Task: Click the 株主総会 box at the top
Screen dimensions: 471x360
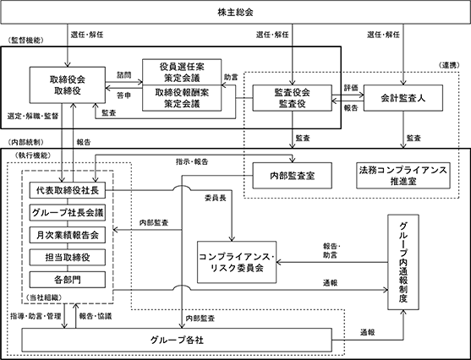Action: [235, 12]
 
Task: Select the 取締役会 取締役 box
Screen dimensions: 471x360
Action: [68, 85]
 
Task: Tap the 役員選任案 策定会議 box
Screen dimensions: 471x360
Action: [182, 72]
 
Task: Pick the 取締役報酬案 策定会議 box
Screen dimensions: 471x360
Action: [182, 98]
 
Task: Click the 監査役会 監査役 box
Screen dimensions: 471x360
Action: [293, 98]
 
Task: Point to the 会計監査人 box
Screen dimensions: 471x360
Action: [403, 98]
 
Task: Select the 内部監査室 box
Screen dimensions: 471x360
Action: [293, 176]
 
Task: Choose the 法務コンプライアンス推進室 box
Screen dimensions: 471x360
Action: [403, 176]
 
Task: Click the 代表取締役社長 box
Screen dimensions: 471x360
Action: [68, 190]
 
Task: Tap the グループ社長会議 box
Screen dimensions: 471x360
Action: [68, 213]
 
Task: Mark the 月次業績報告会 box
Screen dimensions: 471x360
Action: [68, 235]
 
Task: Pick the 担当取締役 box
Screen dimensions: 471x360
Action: [68, 257]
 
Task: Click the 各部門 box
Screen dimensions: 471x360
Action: [68, 280]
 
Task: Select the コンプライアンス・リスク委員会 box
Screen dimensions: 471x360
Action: [237, 262]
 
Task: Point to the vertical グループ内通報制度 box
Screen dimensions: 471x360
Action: [403, 262]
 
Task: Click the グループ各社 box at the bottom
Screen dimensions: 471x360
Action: [177, 340]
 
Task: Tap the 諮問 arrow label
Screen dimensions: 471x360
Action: [124, 75]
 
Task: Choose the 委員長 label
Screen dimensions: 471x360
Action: [216, 198]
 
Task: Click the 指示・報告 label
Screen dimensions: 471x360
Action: [192, 162]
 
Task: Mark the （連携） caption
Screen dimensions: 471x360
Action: [449, 65]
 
